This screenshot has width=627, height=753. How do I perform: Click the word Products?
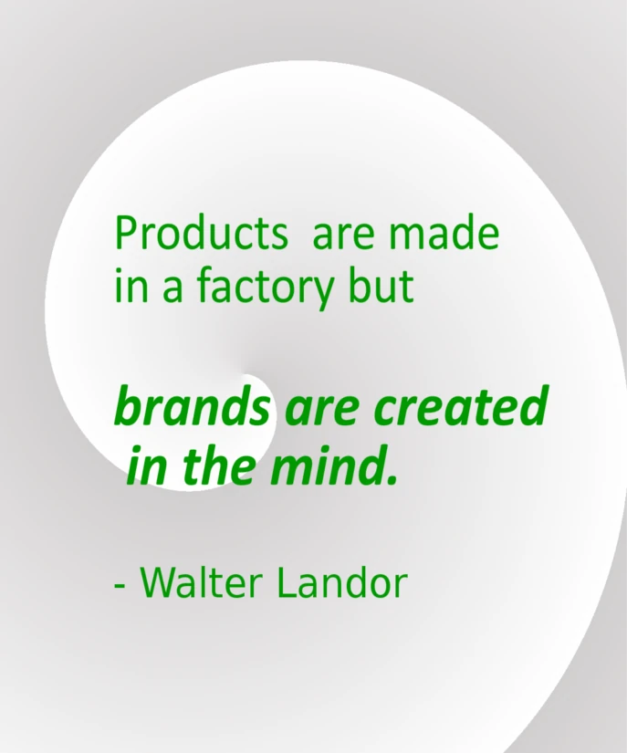200,234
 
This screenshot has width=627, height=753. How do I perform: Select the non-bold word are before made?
343,235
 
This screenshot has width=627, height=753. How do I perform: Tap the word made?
444,234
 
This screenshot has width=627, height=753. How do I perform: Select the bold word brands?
192,407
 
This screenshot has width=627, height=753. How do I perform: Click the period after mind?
393,479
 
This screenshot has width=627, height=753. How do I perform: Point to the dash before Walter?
120,585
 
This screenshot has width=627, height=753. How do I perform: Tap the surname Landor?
340,581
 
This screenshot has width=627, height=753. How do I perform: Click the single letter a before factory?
171,290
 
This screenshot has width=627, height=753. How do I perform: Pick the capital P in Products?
125,234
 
